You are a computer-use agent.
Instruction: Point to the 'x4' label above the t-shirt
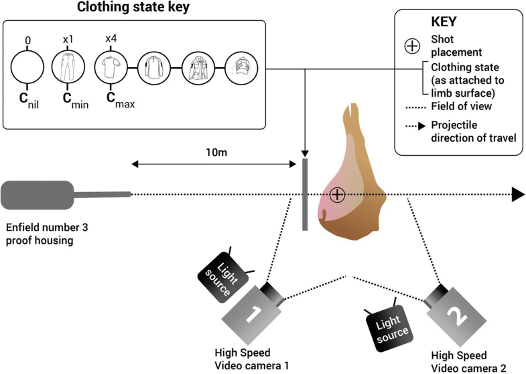[110, 39]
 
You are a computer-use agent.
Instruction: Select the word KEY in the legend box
[444, 21]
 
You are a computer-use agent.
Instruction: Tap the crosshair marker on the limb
[337, 195]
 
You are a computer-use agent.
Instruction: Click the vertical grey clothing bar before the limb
[305, 194]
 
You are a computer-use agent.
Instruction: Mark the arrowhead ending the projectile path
[517, 195]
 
